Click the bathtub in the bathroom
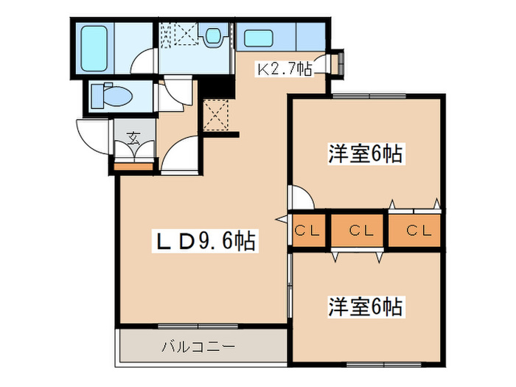[94, 46]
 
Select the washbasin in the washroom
[214, 35]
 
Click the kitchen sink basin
[257, 38]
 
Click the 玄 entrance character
[133, 136]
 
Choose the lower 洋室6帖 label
[365, 306]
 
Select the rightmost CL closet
[416, 230]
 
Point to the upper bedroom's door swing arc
[301, 196]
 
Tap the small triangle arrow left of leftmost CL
[282, 219]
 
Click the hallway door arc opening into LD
[177, 154]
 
